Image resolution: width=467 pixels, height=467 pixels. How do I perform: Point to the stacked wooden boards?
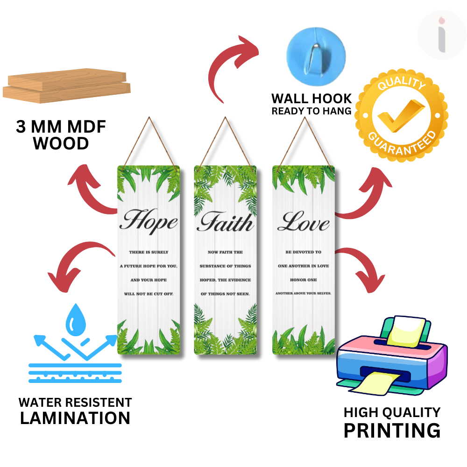click(66, 87)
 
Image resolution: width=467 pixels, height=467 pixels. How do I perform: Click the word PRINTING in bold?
click(392, 430)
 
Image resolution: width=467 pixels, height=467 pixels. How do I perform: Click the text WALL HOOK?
click(311, 99)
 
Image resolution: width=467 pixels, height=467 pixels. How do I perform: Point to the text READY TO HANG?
click(311, 111)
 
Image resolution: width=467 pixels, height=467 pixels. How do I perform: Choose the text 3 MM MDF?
click(61, 127)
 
